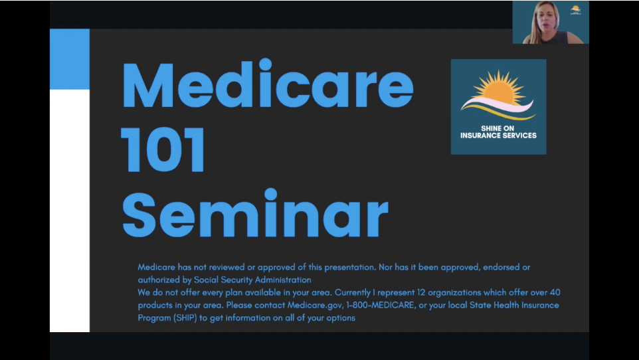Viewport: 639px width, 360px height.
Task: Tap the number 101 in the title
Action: (x=163, y=151)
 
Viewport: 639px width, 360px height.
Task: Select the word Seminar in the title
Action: (x=255, y=214)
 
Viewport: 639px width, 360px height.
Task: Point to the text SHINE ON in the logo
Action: (x=498, y=128)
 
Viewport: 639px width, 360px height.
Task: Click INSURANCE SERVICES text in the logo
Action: (x=498, y=135)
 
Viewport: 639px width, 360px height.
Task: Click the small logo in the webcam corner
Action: (x=576, y=9)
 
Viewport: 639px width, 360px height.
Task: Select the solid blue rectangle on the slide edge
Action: (x=69, y=59)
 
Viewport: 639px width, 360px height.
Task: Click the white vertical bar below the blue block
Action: (x=69, y=210)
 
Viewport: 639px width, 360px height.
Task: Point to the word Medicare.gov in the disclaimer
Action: (x=314, y=305)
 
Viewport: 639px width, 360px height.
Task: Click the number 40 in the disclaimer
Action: (x=555, y=292)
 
